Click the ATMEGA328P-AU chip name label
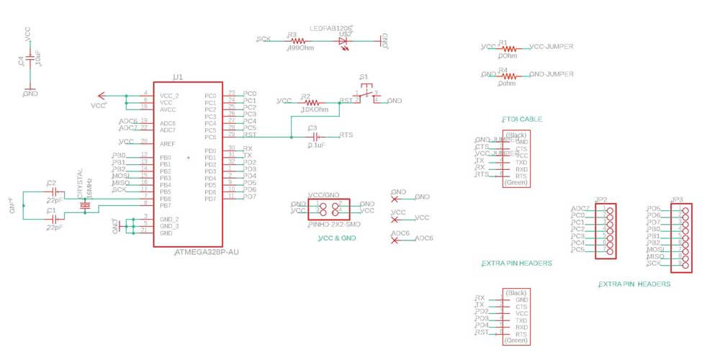pyautogui.click(x=207, y=253)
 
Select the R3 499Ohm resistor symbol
pyautogui.click(x=297, y=41)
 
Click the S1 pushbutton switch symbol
pyautogui.click(x=366, y=94)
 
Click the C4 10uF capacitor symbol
pyautogui.click(x=30, y=58)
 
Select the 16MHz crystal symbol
pyautogui.click(x=85, y=206)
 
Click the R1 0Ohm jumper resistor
pyautogui.click(x=508, y=48)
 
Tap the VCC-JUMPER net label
pyautogui.click(x=552, y=47)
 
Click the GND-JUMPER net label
pyautogui.click(x=552, y=74)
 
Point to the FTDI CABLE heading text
pyautogui.click(x=521, y=119)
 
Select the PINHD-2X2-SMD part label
pyautogui.click(x=332, y=225)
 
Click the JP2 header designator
pyautogui.click(x=602, y=199)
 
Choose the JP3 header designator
pyautogui.click(x=677, y=199)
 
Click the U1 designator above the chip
pyautogui.click(x=178, y=76)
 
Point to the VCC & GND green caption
pyautogui.click(x=337, y=238)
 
